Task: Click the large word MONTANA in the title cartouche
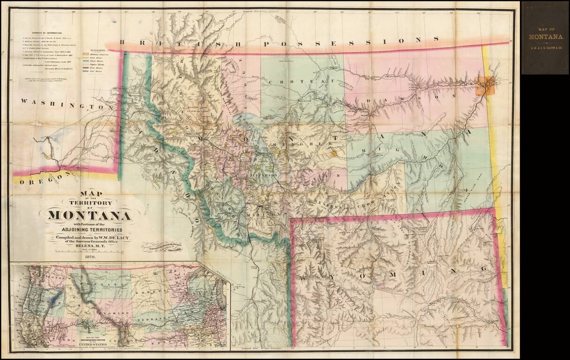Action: tap(88, 216)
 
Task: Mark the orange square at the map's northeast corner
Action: tap(486, 86)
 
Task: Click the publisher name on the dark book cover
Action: tap(544, 47)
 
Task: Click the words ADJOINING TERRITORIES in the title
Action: tap(88, 230)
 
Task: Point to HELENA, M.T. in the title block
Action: tap(88, 249)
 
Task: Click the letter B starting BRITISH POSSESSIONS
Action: tap(122, 43)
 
